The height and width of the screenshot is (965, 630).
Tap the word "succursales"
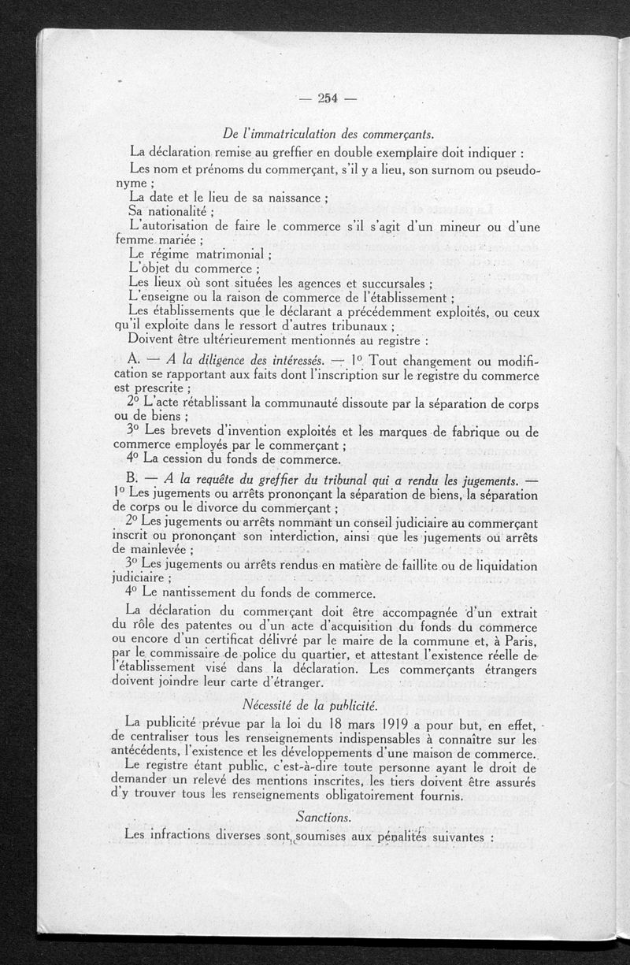(x=387, y=284)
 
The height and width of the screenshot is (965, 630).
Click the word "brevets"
(x=197, y=432)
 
